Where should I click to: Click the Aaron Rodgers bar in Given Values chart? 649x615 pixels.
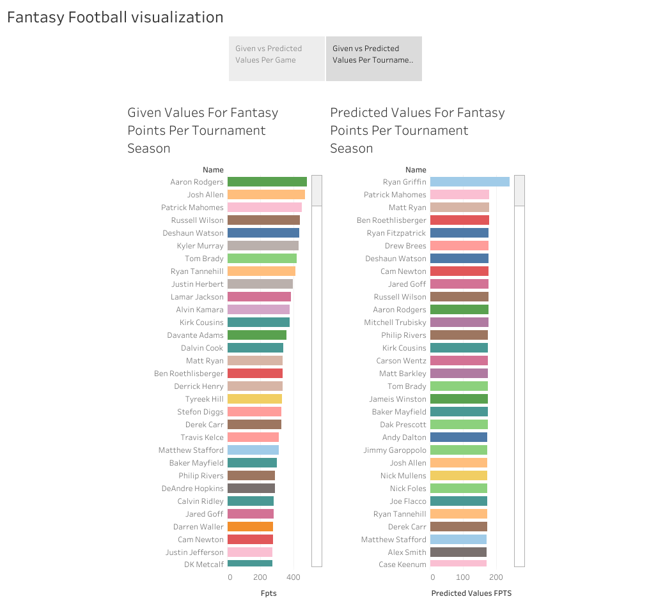pos(267,182)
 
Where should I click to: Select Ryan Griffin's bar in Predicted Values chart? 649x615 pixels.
pos(469,182)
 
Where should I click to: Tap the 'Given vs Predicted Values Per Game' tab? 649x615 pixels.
pos(276,59)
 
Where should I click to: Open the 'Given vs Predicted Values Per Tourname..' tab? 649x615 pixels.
pos(374,59)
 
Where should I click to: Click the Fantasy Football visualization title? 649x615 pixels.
pos(115,17)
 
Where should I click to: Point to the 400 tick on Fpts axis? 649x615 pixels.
pos(293,577)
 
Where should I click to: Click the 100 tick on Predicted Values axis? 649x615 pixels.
pos(464,577)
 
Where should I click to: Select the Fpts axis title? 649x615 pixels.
pos(269,593)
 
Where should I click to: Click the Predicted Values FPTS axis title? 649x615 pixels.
pos(471,593)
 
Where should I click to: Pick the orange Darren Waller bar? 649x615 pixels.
pos(250,527)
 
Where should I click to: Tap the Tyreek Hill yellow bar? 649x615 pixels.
pos(254,399)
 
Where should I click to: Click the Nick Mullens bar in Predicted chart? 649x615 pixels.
pos(458,476)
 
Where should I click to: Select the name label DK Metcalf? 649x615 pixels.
pos(204,565)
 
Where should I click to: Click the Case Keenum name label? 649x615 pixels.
pos(402,565)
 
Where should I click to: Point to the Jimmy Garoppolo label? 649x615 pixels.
pos(395,450)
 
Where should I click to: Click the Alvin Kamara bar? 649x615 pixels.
pos(258,310)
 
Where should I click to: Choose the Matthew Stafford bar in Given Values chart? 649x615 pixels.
pos(253,450)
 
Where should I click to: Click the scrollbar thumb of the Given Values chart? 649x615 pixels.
pos(317,190)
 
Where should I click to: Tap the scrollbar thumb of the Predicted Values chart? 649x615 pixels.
pos(519,190)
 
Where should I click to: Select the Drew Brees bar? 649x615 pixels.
pos(459,246)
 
